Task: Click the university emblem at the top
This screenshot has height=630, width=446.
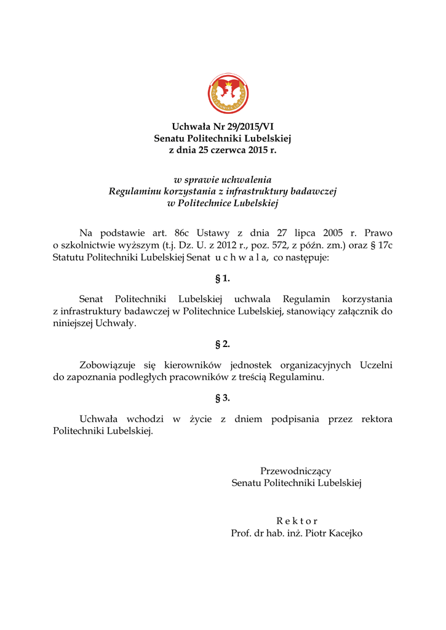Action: [228, 94]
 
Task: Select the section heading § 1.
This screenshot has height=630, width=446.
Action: [223, 279]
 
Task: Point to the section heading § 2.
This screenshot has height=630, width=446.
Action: [223, 344]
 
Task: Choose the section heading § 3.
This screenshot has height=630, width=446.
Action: [223, 398]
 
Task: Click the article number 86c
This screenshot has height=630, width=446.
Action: [181, 233]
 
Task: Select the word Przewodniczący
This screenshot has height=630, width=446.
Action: [296, 471]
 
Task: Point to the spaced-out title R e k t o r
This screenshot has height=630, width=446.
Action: [297, 520]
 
